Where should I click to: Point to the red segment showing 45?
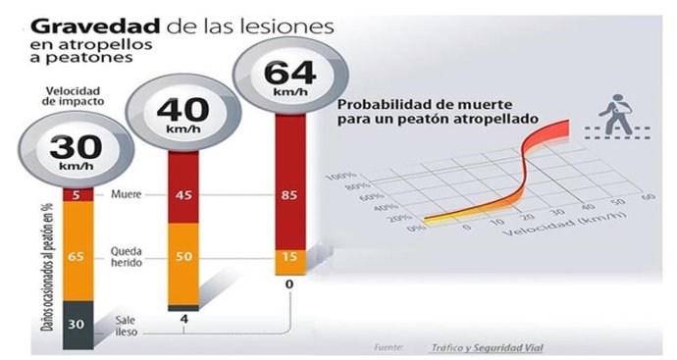[x=182, y=193]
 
